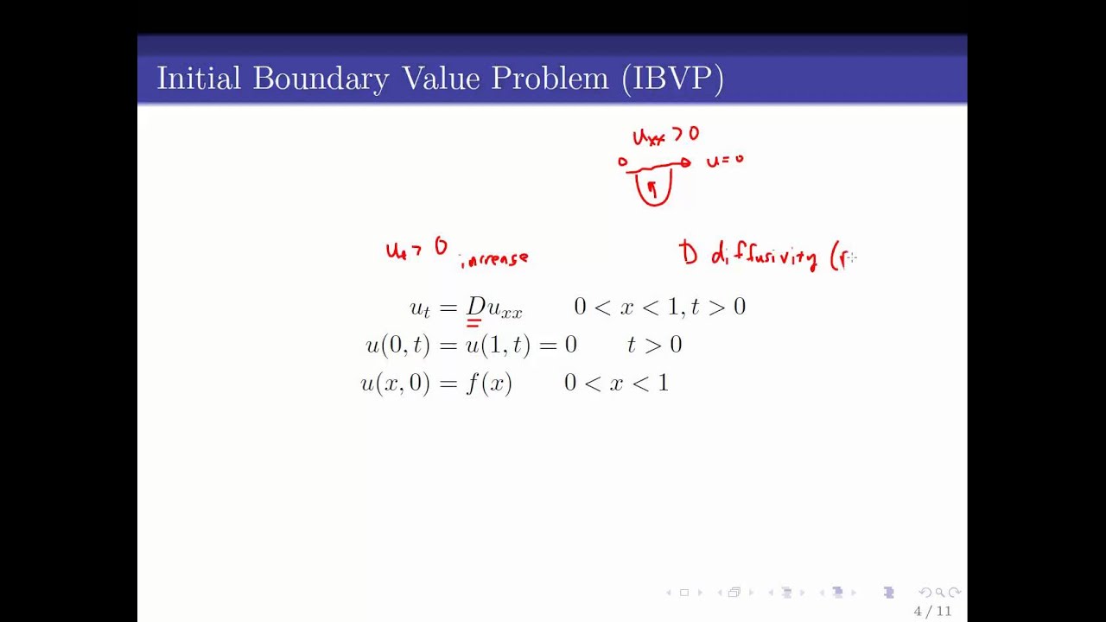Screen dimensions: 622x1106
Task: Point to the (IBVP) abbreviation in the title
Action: coord(672,79)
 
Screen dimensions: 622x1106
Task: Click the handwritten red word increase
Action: coord(494,257)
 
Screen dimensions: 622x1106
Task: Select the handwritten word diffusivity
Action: coord(764,256)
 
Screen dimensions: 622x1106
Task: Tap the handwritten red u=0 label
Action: coord(724,160)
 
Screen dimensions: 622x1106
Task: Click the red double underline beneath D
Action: coord(474,323)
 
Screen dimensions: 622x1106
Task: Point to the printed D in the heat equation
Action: coord(476,306)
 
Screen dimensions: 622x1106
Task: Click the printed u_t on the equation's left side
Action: coord(420,308)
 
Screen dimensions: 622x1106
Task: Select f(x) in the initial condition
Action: coord(489,383)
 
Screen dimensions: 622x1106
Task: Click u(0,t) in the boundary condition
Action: coord(397,345)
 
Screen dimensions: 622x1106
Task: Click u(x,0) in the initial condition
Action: coord(395,383)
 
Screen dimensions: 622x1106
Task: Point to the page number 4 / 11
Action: coord(932,612)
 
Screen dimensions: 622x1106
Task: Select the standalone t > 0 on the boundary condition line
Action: coord(654,345)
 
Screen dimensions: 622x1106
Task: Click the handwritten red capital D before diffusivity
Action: coord(689,253)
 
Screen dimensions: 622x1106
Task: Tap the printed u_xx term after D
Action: coord(505,308)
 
